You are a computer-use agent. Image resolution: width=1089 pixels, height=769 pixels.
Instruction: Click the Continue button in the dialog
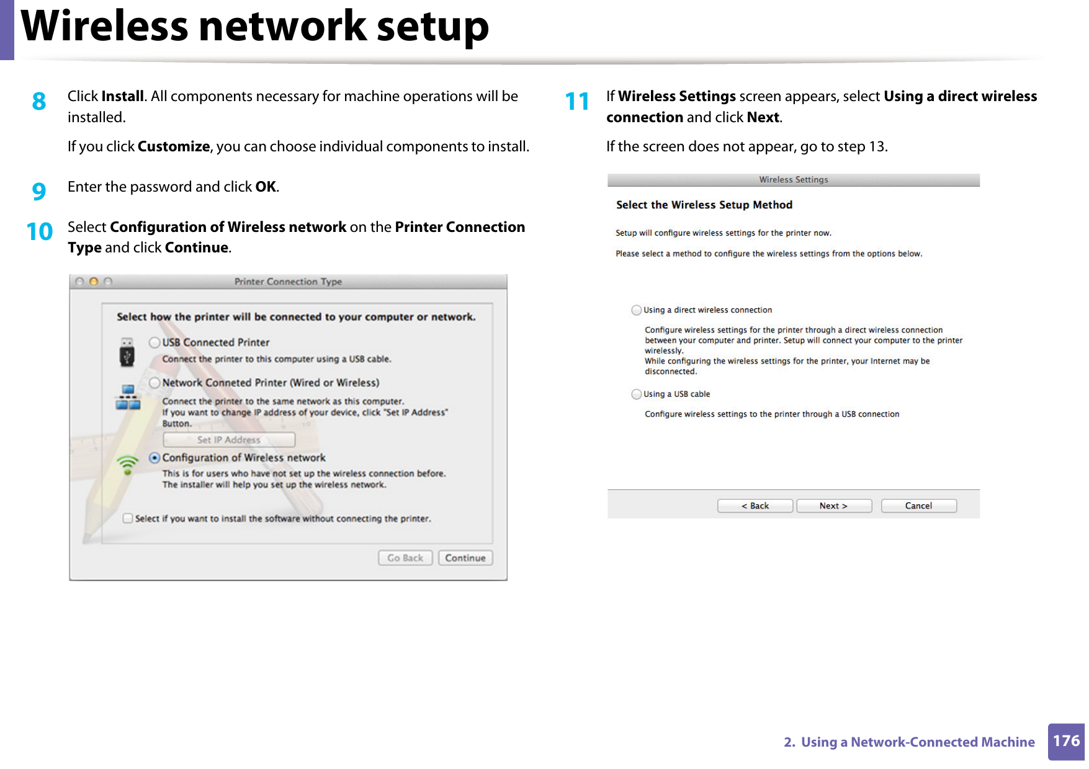(465, 558)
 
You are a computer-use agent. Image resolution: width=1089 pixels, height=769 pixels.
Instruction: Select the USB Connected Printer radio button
(155, 342)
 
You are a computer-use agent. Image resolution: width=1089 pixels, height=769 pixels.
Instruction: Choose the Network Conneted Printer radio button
(155, 383)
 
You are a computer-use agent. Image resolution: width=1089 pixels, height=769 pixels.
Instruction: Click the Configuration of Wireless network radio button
(155, 458)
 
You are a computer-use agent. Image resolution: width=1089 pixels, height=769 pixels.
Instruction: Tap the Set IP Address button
(228, 440)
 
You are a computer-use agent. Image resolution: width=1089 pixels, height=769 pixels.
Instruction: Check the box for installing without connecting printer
(128, 518)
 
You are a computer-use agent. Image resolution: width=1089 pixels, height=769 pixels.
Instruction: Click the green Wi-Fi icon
(128, 465)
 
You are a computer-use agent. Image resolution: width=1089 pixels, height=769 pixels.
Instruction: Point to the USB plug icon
(127, 352)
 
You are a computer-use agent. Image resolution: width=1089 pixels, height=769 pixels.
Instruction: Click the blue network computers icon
(128, 398)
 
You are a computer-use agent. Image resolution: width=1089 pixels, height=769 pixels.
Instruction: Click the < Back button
(755, 506)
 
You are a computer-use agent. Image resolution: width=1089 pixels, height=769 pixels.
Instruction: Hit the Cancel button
(918, 506)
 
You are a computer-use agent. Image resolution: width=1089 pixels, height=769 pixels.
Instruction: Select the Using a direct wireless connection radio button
(636, 310)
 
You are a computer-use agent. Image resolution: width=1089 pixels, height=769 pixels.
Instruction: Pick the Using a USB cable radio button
(636, 394)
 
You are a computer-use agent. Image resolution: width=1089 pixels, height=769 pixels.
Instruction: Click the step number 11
(577, 101)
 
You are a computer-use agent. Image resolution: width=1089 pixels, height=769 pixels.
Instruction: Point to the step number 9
(39, 191)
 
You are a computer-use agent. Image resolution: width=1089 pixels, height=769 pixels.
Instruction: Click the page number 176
(1066, 741)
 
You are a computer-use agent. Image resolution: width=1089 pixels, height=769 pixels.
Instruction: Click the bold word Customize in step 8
(174, 146)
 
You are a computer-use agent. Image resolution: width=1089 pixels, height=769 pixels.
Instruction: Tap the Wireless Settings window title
(793, 180)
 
